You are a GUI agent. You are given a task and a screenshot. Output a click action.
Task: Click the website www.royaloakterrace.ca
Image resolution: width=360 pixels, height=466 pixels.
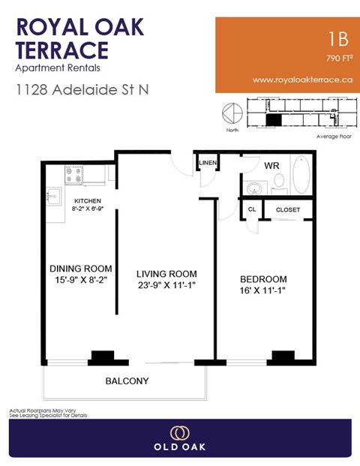pos(303,80)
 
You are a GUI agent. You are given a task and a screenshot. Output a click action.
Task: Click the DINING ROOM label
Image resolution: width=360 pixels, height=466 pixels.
pos(81,269)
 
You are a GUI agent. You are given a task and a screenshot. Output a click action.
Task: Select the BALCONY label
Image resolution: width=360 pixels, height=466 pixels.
pos(126,381)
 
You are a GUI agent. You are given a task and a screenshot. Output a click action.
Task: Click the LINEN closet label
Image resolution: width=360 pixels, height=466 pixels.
pos(207,163)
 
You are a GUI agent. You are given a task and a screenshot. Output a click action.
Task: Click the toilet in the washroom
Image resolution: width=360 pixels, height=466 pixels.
pos(278,181)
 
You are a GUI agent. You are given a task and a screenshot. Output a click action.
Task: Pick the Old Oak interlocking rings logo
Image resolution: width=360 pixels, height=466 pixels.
pos(180,433)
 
